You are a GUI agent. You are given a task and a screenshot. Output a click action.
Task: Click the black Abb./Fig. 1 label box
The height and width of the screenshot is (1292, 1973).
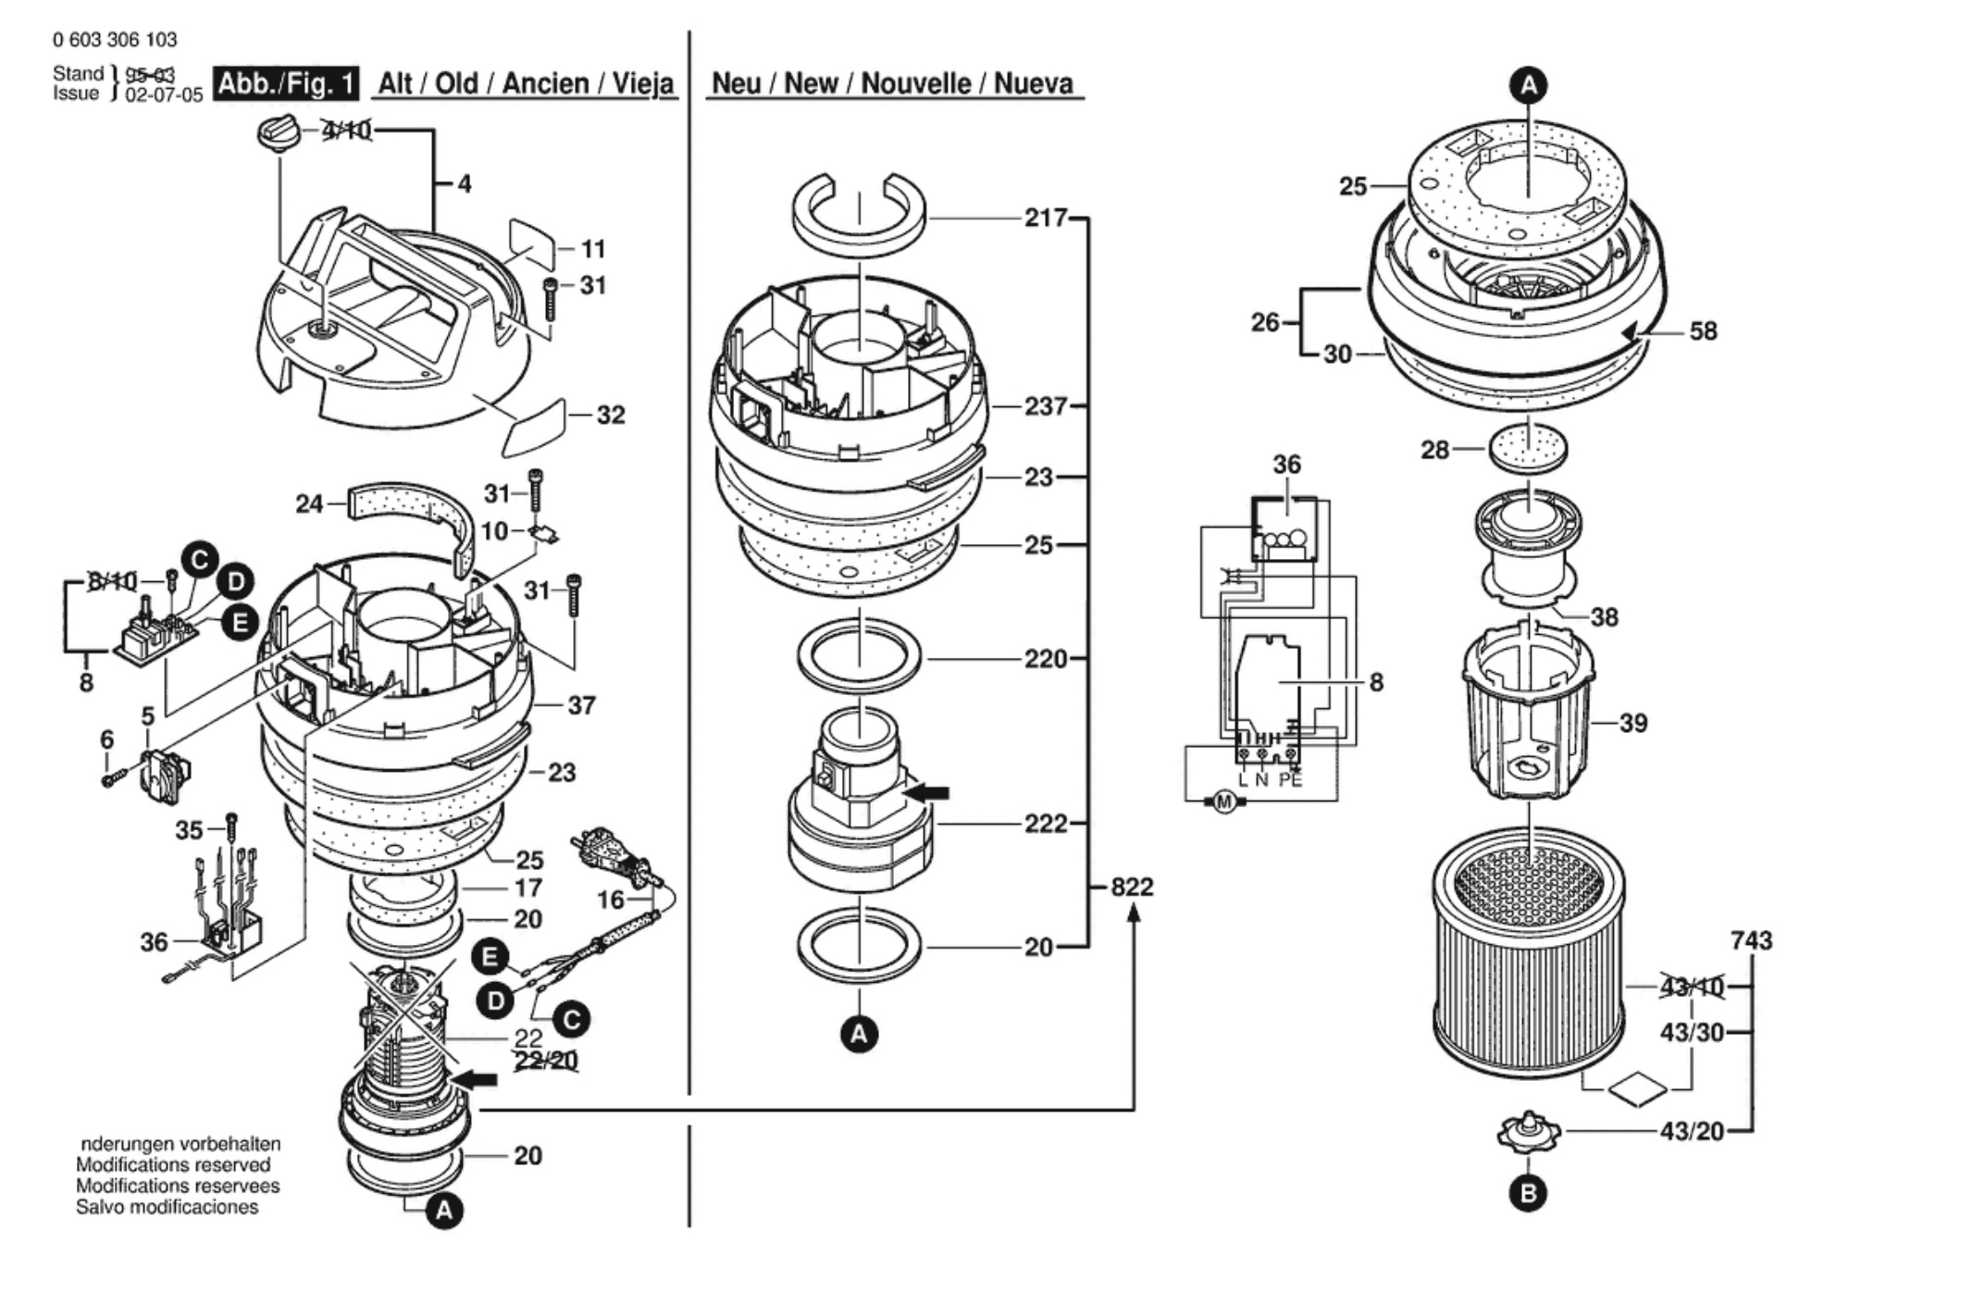(x=286, y=84)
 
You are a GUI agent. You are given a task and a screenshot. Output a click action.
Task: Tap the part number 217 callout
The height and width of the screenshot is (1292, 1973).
(x=1046, y=217)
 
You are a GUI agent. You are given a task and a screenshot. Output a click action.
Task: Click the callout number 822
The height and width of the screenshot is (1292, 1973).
(x=1132, y=887)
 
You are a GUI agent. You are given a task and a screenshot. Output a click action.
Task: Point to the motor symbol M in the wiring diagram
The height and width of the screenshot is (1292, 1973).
(x=1224, y=801)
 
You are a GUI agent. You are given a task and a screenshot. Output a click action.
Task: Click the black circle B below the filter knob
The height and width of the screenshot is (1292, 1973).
(x=1528, y=1193)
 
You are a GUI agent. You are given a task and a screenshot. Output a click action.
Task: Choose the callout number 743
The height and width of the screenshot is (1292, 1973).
(x=1751, y=940)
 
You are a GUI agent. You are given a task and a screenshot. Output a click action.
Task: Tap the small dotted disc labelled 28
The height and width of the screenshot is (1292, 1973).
(x=1529, y=449)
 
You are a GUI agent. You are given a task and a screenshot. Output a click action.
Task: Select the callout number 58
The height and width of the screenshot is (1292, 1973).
(x=1703, y=330)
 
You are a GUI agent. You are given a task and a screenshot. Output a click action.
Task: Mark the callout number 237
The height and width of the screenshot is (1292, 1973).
(x=1046, y=406)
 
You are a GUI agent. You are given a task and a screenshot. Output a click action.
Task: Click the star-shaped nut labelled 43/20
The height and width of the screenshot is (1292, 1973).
(x=1528, y=1132)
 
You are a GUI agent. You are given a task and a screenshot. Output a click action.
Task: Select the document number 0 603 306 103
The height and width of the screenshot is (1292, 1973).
(x=115, y=40)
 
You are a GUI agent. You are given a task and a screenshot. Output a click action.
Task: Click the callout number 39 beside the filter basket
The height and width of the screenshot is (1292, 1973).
(x=1633, y=723)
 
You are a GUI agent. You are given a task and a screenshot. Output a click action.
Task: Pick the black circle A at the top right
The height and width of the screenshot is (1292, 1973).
(x=1529, y=85)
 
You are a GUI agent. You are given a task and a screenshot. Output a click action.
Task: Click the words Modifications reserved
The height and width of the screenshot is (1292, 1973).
(x=173, y=1164)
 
